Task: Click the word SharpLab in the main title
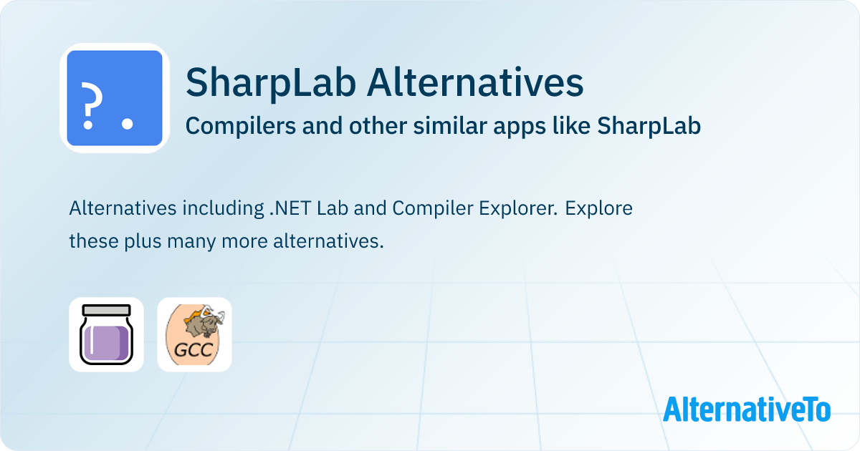271,83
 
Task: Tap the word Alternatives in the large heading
475,82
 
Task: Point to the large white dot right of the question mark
127,123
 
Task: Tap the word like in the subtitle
571,125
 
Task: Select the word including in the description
223,209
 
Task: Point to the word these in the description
94,242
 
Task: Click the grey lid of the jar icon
106,310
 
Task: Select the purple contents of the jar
106,343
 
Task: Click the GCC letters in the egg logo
193,350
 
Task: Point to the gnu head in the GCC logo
206,322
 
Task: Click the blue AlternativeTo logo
747,409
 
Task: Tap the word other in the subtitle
377,125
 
